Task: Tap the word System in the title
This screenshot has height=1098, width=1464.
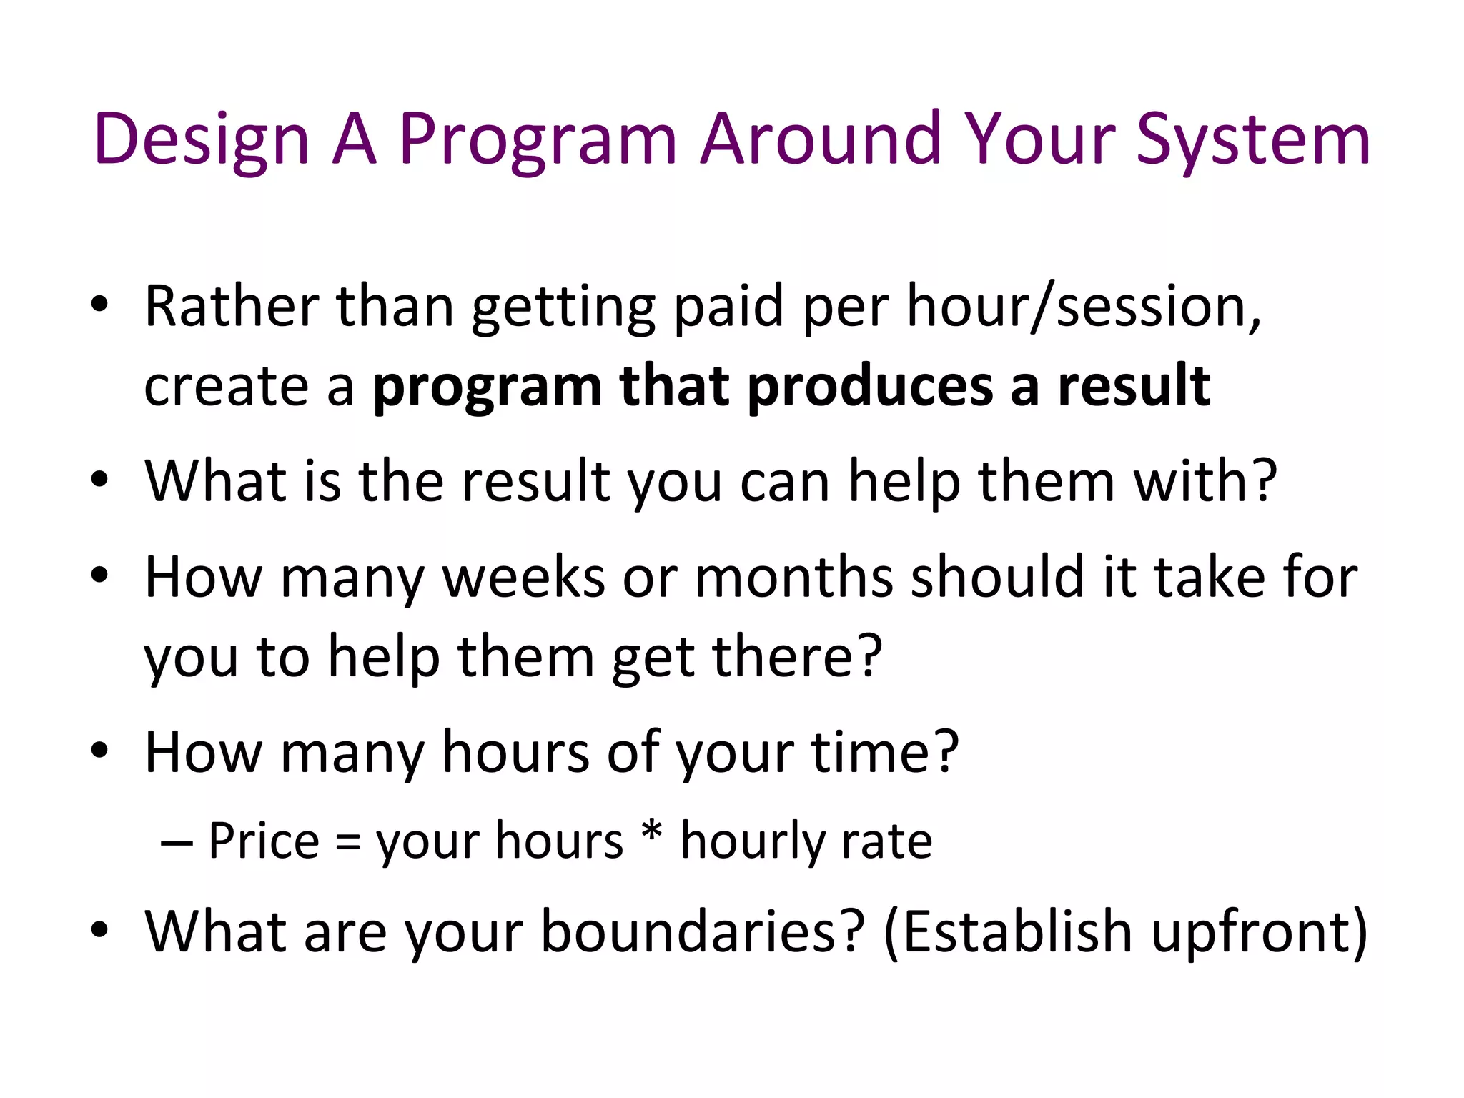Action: tap(1253, 139)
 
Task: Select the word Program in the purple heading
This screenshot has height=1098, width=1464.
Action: tap(538, 139)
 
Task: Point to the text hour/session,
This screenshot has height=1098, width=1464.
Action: tap(1084, 306)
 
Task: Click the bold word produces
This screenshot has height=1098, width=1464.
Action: tap(871, 386)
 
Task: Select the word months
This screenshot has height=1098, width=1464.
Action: tap(793, 577)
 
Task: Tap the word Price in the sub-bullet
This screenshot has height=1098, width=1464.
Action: tap(264, 841)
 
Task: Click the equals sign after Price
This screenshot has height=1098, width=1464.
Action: tap(348, 842)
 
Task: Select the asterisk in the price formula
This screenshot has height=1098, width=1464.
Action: tap(651, 835)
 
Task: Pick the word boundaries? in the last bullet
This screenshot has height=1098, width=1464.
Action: tap(703, 931)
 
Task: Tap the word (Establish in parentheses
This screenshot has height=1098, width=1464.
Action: tap(1009, 931)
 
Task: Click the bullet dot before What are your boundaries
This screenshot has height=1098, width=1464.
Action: tap(99, 929)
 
